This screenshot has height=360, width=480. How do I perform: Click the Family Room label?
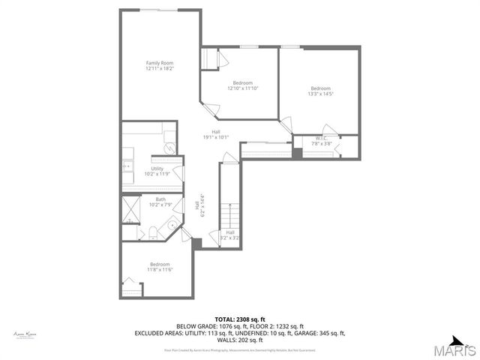pyautogui.click(x=160, y=63)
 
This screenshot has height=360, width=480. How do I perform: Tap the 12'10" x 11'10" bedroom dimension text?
pyautogui.click(x=242, y=88)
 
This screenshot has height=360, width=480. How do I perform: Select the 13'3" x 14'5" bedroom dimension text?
pyautogui.click(x=320, y=94)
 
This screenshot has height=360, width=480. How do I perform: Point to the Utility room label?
pyautogui.click(x=157, y=169)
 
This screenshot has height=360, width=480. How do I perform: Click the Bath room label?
pyautogui.click(x=160, y=199)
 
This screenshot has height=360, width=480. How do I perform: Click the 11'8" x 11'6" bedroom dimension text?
pyautogui.click(x=160, y=269)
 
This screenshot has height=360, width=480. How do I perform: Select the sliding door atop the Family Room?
pyautogui.click(x=160, y=9)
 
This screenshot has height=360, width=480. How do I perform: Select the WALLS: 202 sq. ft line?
pyautogui.click(x=240, y=340)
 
